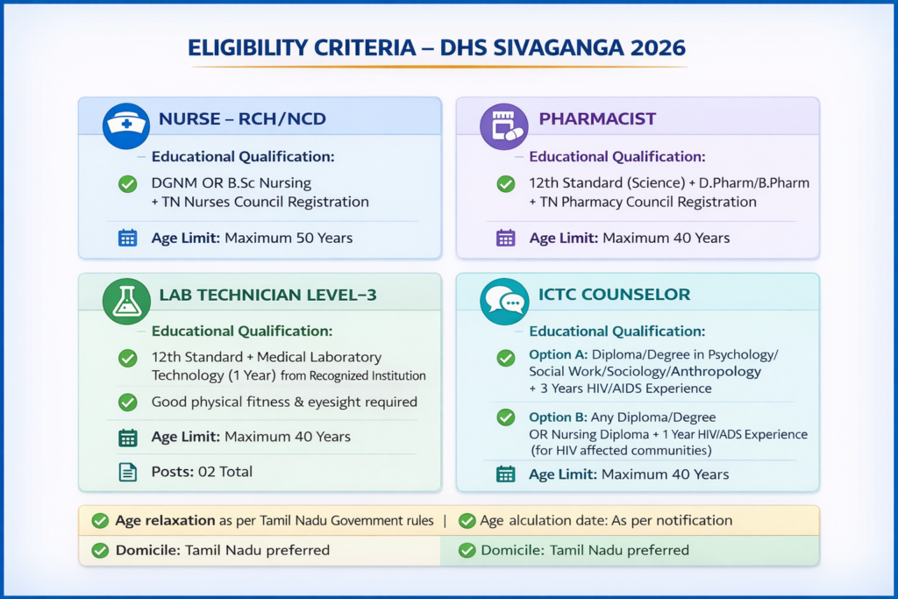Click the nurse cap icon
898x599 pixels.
coord(125,125)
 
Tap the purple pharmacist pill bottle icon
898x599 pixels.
coord(503,125)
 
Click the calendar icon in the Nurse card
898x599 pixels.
coord(128,238)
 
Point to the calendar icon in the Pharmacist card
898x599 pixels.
coord(506,238)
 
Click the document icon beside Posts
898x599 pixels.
coord(128,472)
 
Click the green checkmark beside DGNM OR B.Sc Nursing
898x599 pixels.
coord(127,184)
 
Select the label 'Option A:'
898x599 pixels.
coord(558,355)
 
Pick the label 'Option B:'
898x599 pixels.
coord(558,417)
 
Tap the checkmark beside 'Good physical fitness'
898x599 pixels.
coord(127,402)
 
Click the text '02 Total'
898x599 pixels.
coord(225,472)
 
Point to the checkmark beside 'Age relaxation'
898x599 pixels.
coord(100,521)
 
